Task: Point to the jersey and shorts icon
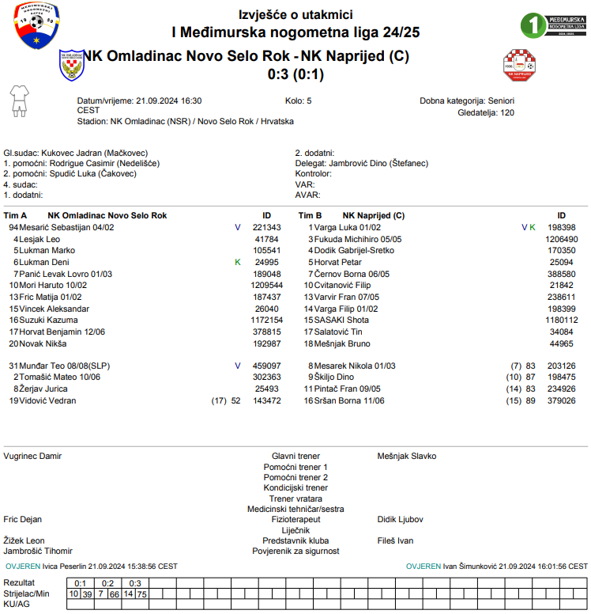[18, 100]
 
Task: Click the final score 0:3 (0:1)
[295, 74]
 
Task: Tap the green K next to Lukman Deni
[237, 262]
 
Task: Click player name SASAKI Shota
[341, 320]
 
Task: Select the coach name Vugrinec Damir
[32, 456]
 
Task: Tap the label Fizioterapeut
[295, 519]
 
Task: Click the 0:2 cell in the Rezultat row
[108, 583]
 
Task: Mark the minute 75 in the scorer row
[142, 593]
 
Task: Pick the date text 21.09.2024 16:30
[168, 101]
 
